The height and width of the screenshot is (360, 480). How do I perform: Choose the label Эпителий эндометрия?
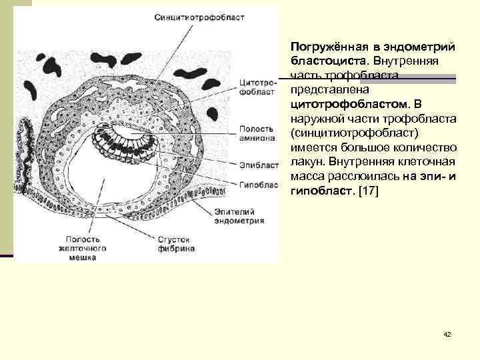(239, 216)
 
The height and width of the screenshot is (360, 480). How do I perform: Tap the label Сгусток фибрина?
(176, 243)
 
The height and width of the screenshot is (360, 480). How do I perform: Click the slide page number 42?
(447, 334)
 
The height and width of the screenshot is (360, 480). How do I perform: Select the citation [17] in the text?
(367, 192)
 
